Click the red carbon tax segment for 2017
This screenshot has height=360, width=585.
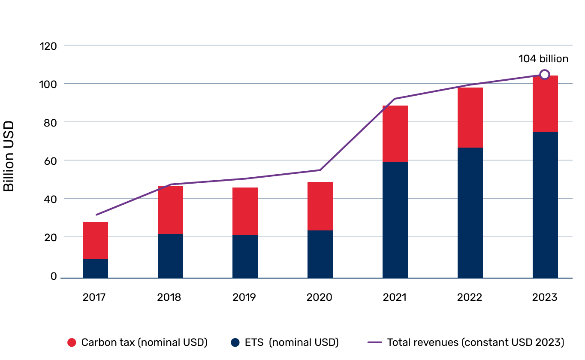(x=95, y=240)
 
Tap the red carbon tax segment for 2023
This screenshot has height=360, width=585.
(x=545, y=103)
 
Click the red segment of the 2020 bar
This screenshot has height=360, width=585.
(x=320, y=206)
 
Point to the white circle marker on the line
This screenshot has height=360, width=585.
(x=544, y=75)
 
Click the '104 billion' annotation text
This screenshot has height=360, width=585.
(x=543, y=59)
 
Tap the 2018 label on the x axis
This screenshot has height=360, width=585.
(x=170, y=297)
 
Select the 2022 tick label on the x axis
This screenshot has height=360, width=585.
(x=470, y=297)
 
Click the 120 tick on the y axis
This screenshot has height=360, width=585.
(x=48, y=45)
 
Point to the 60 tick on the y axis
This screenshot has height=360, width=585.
(x=50, y=160)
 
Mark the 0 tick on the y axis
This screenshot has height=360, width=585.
(x=54, y=276)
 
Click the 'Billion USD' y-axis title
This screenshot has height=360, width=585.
(x=9, y=156)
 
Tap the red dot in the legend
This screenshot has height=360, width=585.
(x=72, y=342)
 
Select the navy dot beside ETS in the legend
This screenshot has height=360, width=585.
(x=235, y=342)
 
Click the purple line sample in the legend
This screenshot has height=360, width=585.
(x=375, y=342)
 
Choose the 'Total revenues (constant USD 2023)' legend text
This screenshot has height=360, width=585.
(x=475, y=342)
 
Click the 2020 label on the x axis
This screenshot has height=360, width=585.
(x=320, y=297)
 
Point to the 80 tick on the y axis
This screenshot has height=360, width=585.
(x=50, y=122)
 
